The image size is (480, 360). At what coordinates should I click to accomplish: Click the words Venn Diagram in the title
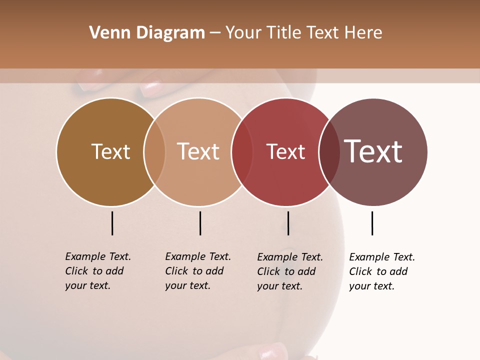pos(147,33)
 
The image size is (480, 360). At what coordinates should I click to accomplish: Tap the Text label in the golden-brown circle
pos(110,151)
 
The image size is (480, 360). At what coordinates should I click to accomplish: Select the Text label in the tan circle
pos(198,151)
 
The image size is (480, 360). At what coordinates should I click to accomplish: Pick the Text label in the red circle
pos(285,151)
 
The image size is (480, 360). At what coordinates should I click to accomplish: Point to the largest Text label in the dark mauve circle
pos(373,151)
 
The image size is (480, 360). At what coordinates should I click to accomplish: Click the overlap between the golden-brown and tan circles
pos(154,152)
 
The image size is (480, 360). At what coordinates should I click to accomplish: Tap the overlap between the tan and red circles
pos(242,152)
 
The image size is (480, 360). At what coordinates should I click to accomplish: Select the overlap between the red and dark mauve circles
pos(329,152)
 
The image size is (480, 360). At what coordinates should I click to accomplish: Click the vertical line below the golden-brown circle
pos(112,223)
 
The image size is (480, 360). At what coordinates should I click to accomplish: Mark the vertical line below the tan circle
pos(200,223)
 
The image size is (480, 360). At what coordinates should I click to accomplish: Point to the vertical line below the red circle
pos(288,223)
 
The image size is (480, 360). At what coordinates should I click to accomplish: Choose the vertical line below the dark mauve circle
pos(372,223)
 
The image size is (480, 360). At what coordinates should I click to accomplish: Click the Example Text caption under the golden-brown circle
pos(98,271)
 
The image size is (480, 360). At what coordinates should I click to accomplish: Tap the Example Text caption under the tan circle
pos(198,271)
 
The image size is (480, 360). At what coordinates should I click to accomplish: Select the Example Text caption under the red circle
pos(290,271)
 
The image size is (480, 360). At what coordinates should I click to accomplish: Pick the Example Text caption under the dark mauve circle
pos(382,271)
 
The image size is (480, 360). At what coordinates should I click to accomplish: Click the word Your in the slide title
pos(243,33)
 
